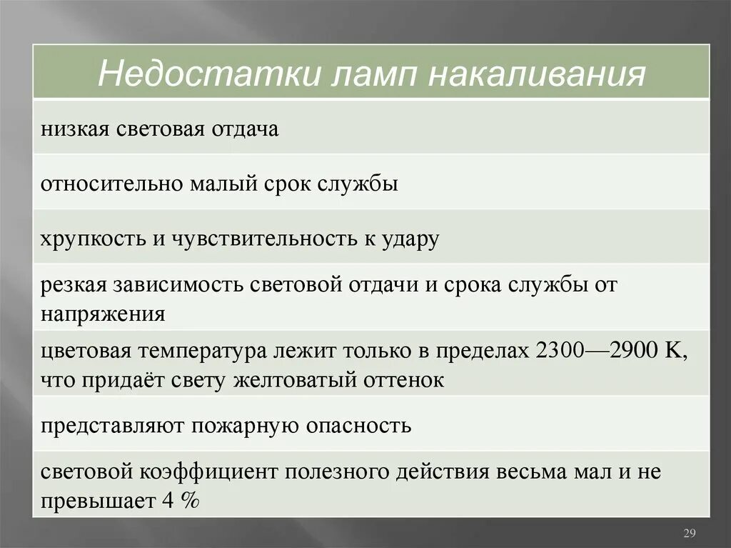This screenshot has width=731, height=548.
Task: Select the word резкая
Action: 71,285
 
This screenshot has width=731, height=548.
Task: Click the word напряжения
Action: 103,314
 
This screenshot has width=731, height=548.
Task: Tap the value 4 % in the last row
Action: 181,501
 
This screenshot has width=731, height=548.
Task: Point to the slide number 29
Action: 690,533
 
